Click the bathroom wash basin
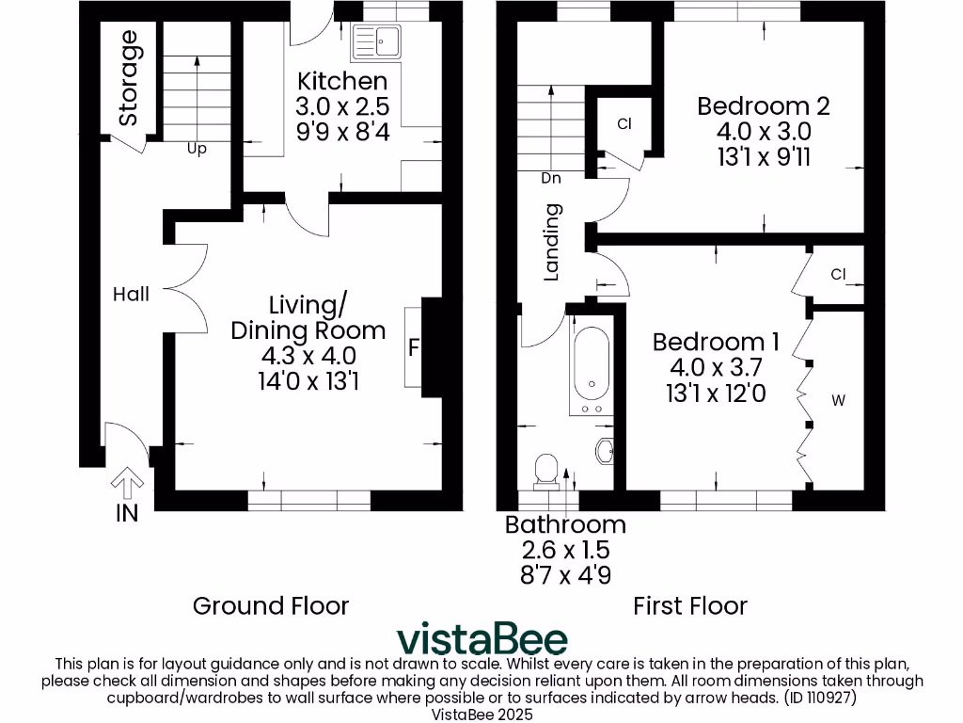(605, 452)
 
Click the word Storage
(128, 78)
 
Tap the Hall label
(131, 295)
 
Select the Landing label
(552, 243)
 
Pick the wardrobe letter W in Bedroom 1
(839, 400)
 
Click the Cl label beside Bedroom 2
(624, 124)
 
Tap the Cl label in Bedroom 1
(839, 274)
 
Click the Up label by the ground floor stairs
(196, 149)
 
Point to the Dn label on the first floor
(551, 177)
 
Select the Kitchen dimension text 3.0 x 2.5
(342, 104)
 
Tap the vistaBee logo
(481, 638)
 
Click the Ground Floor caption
(270, 605)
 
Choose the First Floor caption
(690, 605)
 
